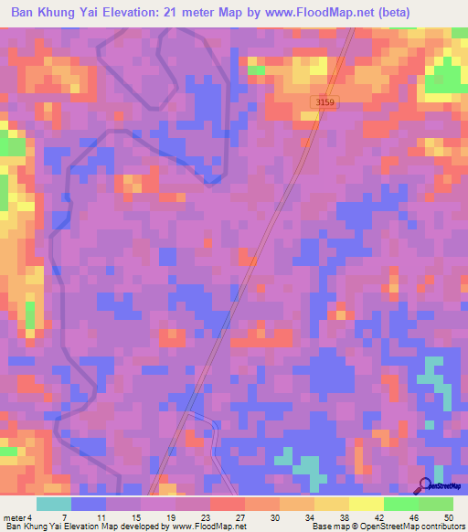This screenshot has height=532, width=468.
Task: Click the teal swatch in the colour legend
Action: tap(54, 504)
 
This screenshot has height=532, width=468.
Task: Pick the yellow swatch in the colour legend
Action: tap(365, 504)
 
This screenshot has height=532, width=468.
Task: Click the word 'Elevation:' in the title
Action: tap(132, 12)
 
